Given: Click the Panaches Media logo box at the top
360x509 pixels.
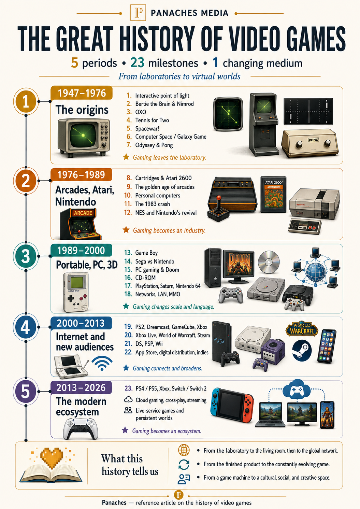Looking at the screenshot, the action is click(138, 13).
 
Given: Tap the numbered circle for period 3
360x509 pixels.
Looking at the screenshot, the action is click(26, 256).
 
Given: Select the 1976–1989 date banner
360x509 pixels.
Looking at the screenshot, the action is click(81, 175).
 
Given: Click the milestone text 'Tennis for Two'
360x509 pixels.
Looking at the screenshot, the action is click(152, 120).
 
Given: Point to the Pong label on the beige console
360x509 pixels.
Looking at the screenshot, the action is click(313, 140).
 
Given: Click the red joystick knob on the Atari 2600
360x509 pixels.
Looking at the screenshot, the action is click(218, 198).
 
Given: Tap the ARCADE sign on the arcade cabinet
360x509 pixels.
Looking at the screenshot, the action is click(83, 213).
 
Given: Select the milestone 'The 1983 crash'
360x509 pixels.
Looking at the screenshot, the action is click(153, 204).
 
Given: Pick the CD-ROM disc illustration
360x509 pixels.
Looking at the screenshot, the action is click(269, 262).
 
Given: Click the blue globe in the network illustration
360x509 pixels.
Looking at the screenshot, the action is click(316, 272).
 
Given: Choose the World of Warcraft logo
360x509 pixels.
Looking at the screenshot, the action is click(302, 329).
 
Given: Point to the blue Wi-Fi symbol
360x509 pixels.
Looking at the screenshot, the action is click(102, 363).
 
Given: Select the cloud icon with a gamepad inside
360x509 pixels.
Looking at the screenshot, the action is click(297, 388).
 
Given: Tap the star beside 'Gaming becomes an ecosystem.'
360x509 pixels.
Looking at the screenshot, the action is click(125, 430).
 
